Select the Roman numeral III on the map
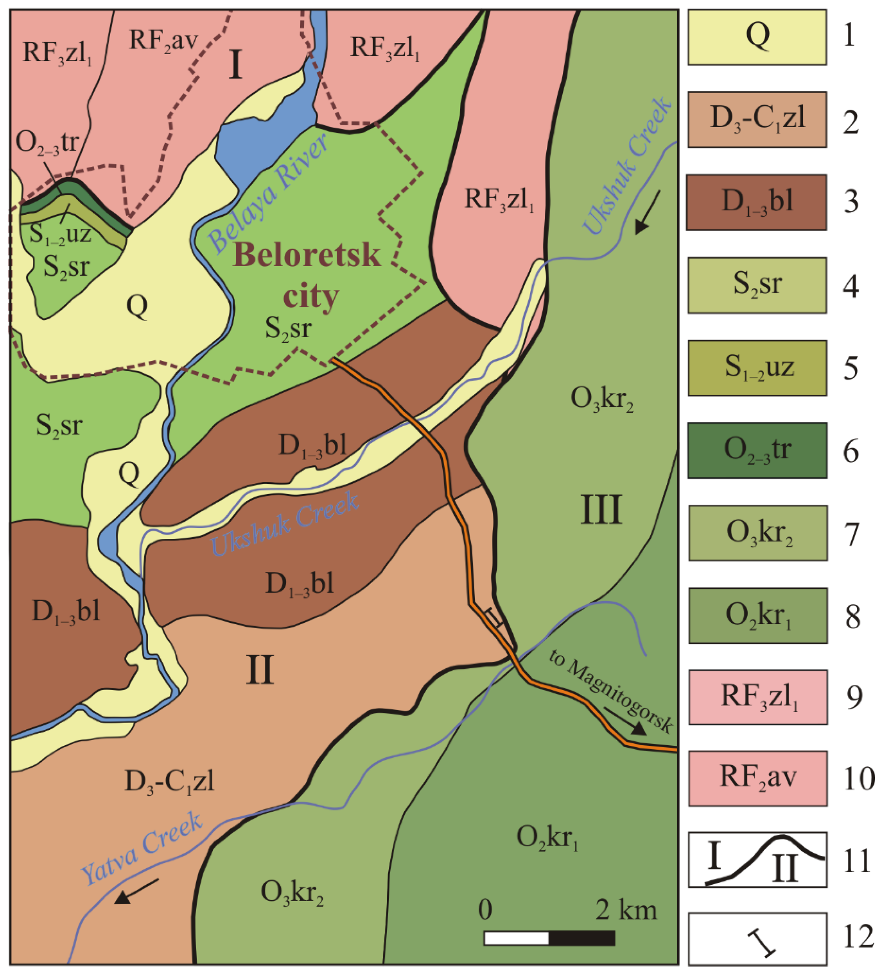pos(601,510)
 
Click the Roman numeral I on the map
pos(236,65)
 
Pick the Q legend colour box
pos(757,37)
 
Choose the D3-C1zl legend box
pos(757,120)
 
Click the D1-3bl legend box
pos(757,202)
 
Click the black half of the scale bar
pos(582,938)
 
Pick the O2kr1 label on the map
pos(547,837)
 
